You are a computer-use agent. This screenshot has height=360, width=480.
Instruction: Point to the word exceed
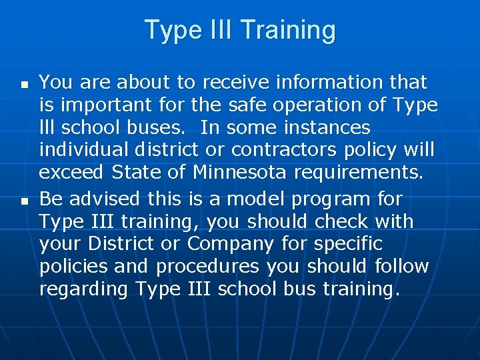pos(71,173)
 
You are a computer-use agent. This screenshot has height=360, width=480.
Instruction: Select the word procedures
pos(208,266)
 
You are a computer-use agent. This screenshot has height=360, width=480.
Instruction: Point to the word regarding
pos(84,289)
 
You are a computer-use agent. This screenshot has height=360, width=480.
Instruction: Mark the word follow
pos(401,266)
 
